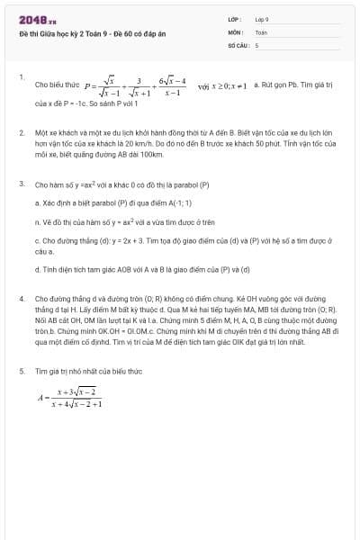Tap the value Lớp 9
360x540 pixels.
click(262, 18)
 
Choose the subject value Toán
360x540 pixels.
click(261, 31)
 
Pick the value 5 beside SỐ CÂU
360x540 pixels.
click(256, 43)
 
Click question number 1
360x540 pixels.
click(21, 77)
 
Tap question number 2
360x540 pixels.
click(21, 132)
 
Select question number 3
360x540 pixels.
click(21, 184)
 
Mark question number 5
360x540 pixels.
click(21, 370)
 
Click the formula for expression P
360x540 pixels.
click(135, 86)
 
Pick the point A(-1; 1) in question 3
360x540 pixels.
click(175, 202)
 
